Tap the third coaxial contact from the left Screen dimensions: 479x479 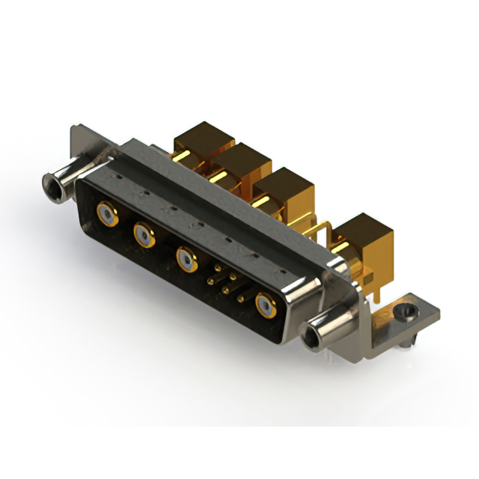[x=187, y=259]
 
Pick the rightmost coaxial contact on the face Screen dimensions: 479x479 [x=265, y=305]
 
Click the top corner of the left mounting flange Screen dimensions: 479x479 [x=76, y=129]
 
